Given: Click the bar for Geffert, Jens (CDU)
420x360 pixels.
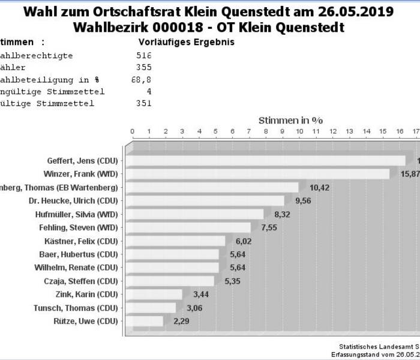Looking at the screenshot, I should coord(267,161).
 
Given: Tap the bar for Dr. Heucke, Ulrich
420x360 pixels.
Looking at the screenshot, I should coord(206,201).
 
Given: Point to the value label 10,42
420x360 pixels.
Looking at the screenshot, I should coord(319,188).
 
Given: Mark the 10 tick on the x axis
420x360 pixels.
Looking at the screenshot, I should coord(299,131).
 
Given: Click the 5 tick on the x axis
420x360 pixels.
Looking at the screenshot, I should coord(216,131).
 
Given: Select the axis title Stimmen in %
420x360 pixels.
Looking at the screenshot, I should coord(290,120).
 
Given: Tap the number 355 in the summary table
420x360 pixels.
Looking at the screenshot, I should coord(144,67).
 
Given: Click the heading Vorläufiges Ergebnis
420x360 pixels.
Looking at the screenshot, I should coord(186,43).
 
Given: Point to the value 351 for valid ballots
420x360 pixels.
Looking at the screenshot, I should coord(144,103).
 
